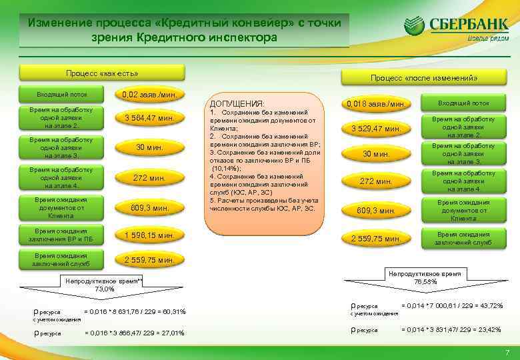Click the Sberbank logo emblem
pos(415,27)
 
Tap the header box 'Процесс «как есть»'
pos(102,72)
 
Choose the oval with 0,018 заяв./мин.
pos(376,105)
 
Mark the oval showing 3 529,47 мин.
pos(376,128)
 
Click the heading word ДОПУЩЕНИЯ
pos(237,105)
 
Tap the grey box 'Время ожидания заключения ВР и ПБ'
pos(61,235)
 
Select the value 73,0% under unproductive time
pos(105,289)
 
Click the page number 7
pos(507,352)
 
